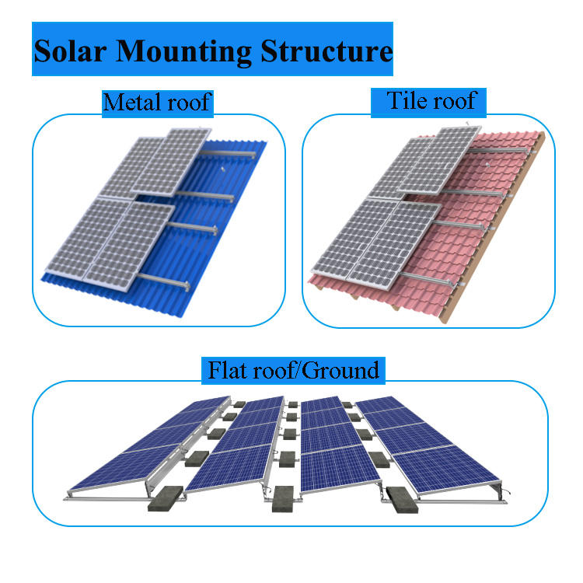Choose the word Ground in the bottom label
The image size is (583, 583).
click(x=342, y=369)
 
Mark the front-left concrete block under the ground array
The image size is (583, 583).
click(x=166, y=501)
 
